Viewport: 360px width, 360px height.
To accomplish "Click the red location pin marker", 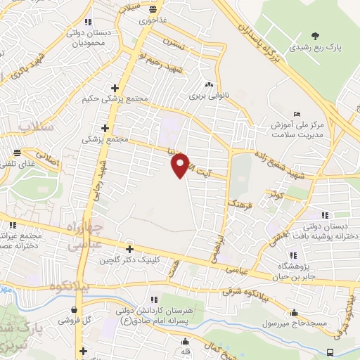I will [x=180, y=166].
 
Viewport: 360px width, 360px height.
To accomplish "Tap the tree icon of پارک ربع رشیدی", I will [x=314, y=36].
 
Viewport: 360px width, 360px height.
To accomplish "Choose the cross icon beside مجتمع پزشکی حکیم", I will [x=114, y=88].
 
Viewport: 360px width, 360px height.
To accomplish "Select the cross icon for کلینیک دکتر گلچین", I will [x=129, y=248].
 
